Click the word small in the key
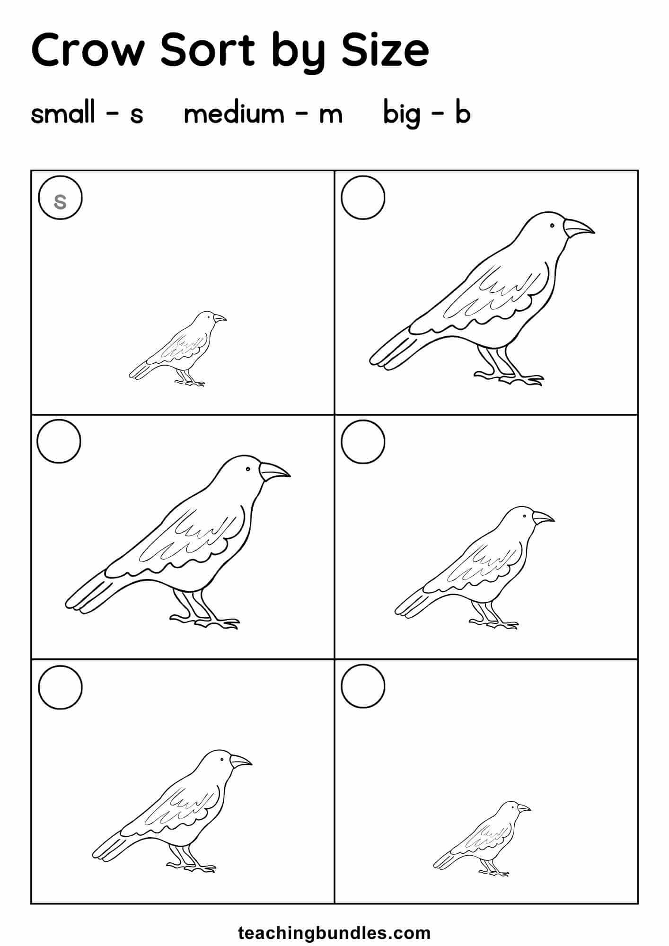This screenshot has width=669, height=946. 63,114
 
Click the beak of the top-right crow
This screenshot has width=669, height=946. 578,228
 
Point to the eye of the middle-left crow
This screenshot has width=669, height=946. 247,469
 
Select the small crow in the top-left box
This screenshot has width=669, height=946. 178,349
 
